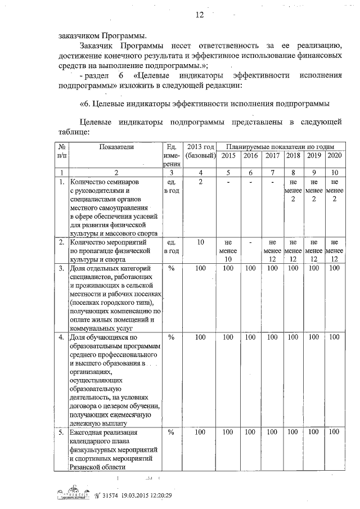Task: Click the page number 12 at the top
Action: coord(199,15)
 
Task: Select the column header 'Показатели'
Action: coord(116,147)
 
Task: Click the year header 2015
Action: coord(228,155)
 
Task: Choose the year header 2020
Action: coord(334,155)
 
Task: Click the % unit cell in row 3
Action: coord(172,268)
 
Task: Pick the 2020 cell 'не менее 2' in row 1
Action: coord(334,191)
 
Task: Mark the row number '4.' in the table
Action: coord(61,337)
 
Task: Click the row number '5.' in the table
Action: coord(61,433)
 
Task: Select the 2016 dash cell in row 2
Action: coord(251,242)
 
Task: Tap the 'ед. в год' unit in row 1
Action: coord(172,187)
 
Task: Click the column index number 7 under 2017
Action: coord(272,173)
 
